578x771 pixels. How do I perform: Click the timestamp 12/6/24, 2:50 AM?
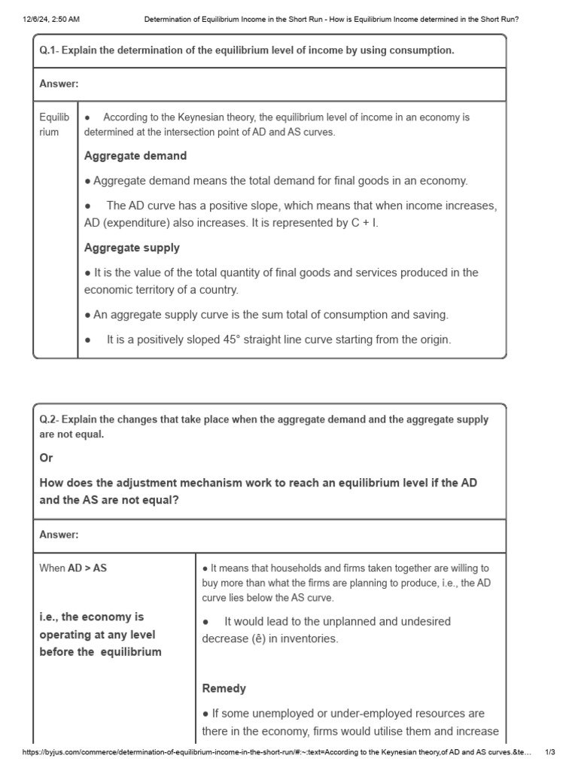click(x=51, y=20)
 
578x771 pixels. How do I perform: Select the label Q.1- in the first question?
click(x=49, y=50)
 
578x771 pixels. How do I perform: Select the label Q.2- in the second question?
click(x=49, y=419)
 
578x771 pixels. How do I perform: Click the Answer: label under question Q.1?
click(x=59, y=84)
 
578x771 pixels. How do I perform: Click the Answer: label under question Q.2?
click(x=59, y=535)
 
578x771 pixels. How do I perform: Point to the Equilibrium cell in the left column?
click(x=54, y=124)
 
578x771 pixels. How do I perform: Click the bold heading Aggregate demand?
click(x=135, y=156)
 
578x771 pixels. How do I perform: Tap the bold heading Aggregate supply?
click(x=132, y=248)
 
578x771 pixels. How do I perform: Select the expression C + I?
click(x=362, y=224)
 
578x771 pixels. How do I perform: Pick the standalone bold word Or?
click(x=47, y=458)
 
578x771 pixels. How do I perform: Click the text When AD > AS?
click(x=73, y=568)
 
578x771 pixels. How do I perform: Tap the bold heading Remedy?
click(x=224, y=688)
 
